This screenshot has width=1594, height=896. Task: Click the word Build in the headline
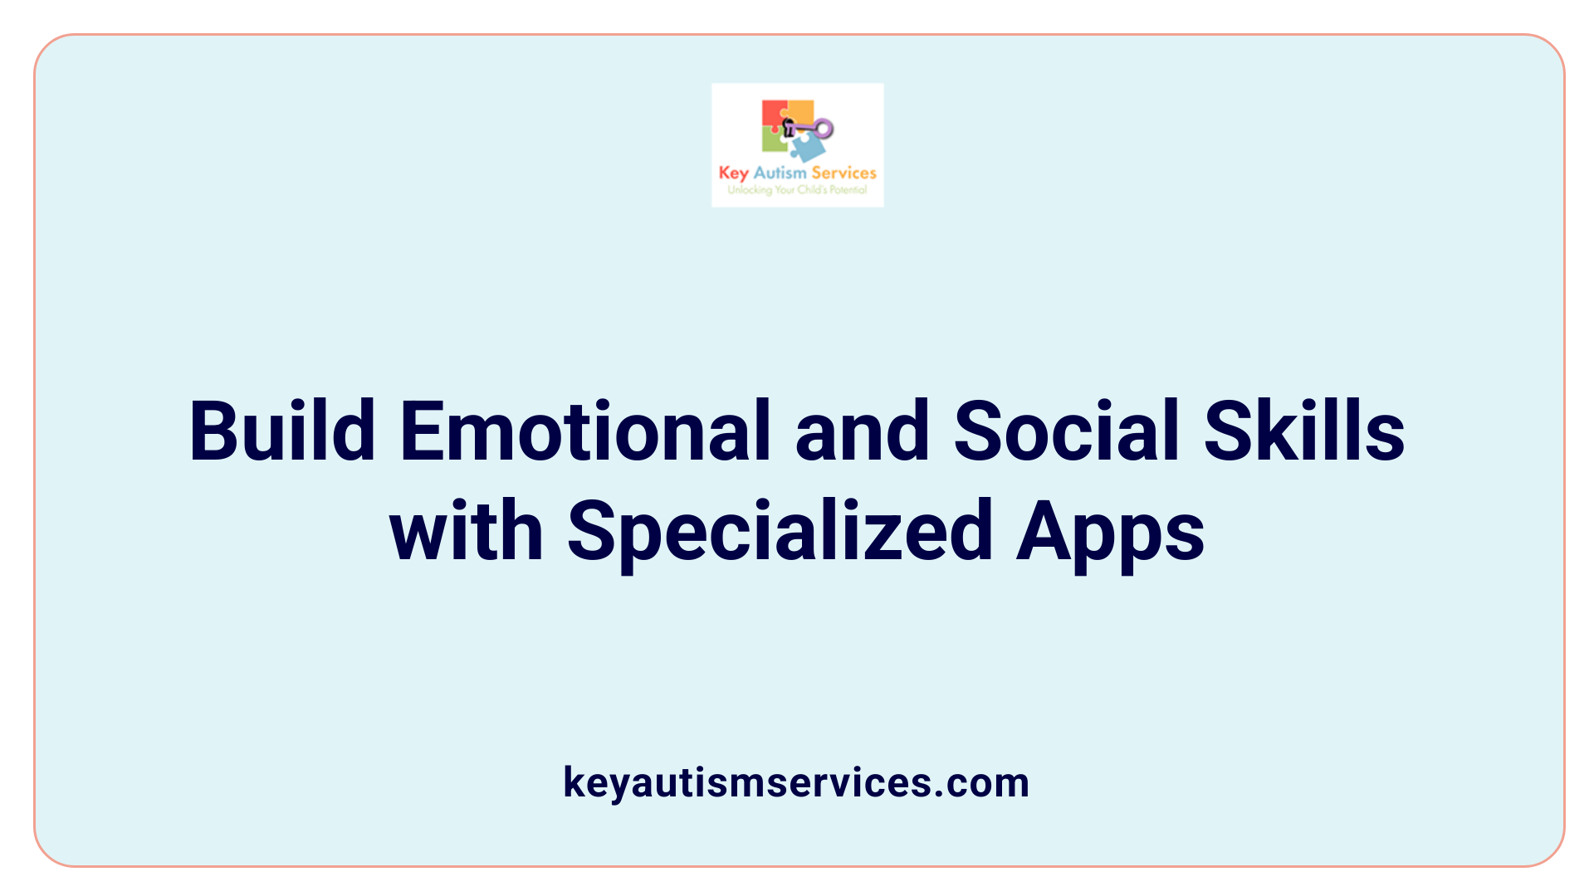click(282, 431)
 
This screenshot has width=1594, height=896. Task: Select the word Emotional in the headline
click(586, 431)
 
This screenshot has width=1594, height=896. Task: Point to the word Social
click(1067, 431)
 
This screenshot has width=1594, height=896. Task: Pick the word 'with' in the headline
click(467, 530)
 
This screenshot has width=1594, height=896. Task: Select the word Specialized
click(780, 530)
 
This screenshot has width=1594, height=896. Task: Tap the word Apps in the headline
click(1110, 530)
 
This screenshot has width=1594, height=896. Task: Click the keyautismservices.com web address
click(796, 782)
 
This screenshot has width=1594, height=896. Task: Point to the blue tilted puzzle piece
click(807, 148)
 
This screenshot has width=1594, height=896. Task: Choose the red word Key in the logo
click(733, 173)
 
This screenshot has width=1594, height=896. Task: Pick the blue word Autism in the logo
click(780, 173)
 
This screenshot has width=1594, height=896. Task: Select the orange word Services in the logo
click(843, 173)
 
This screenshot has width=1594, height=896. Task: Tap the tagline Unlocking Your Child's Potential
click(797, 190)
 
